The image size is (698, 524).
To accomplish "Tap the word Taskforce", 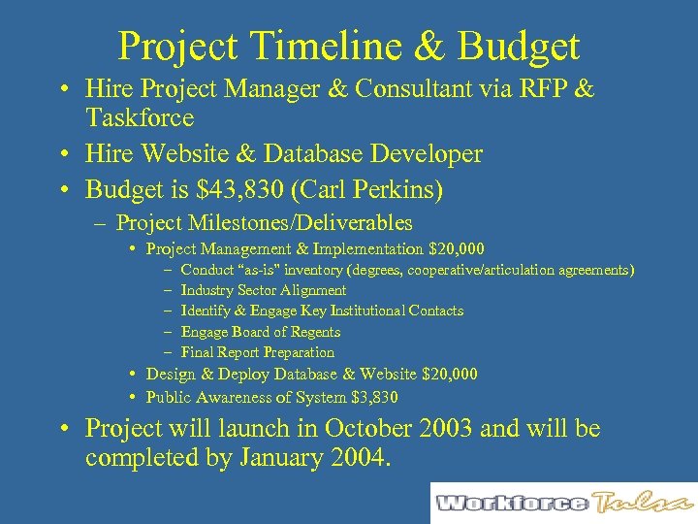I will coord(140,118).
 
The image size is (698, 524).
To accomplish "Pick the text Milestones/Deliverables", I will coord(319,223).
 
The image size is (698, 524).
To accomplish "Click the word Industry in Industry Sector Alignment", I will coord(206,290).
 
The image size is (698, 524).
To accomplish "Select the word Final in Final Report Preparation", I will coord(198,352).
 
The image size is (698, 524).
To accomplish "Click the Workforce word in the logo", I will coord(511,503).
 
